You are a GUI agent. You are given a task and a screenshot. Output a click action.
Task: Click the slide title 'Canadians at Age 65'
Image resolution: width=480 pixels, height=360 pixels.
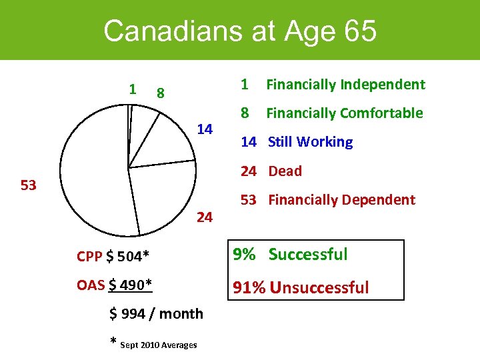pos(240,31)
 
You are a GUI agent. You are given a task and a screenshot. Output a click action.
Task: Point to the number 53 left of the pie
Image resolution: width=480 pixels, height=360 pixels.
pos(28,185)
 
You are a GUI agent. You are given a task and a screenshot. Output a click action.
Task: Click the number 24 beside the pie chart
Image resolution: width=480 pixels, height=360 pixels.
pos(205,217)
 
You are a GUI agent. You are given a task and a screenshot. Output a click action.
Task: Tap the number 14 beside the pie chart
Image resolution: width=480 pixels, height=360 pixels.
pos(204,128)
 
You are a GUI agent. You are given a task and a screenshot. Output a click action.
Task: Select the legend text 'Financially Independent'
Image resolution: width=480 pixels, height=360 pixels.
pos(345,85)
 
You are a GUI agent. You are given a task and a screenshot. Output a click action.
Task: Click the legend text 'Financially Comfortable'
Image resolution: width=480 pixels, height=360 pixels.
pos(345,113)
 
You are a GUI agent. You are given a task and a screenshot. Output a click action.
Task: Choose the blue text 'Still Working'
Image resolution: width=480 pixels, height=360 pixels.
pos(311,142)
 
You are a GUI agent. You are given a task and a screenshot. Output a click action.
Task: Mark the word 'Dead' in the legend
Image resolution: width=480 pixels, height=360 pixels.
pos(285,171)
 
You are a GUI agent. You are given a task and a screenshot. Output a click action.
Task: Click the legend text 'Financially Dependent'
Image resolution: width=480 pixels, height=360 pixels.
pos(342,200)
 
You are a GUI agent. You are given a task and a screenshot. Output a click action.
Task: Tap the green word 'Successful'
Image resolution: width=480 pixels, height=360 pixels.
pos(308,255)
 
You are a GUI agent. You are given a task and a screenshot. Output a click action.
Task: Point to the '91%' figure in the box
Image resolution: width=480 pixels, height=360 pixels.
pos(247,288)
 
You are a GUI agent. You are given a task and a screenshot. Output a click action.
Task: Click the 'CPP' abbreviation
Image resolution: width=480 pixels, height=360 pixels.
pos(89,257)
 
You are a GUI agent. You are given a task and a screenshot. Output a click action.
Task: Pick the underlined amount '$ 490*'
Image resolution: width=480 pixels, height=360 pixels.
pos(131,285)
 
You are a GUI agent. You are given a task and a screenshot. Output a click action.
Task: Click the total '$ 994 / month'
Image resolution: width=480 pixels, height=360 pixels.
pos(157,314)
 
